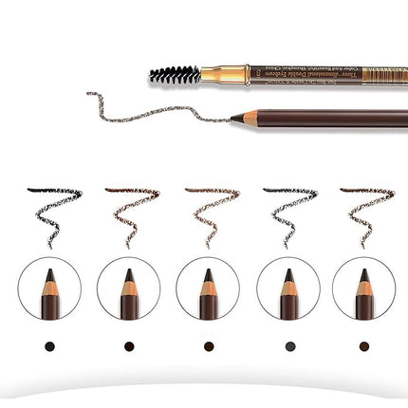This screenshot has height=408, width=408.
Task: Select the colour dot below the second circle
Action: click(x=128, y=345)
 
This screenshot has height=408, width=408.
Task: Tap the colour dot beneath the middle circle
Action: click(x=208, y=345)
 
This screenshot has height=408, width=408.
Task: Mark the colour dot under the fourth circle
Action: click(x=287, y=345)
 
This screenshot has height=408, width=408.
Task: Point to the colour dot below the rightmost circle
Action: click(x=364, y=345)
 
